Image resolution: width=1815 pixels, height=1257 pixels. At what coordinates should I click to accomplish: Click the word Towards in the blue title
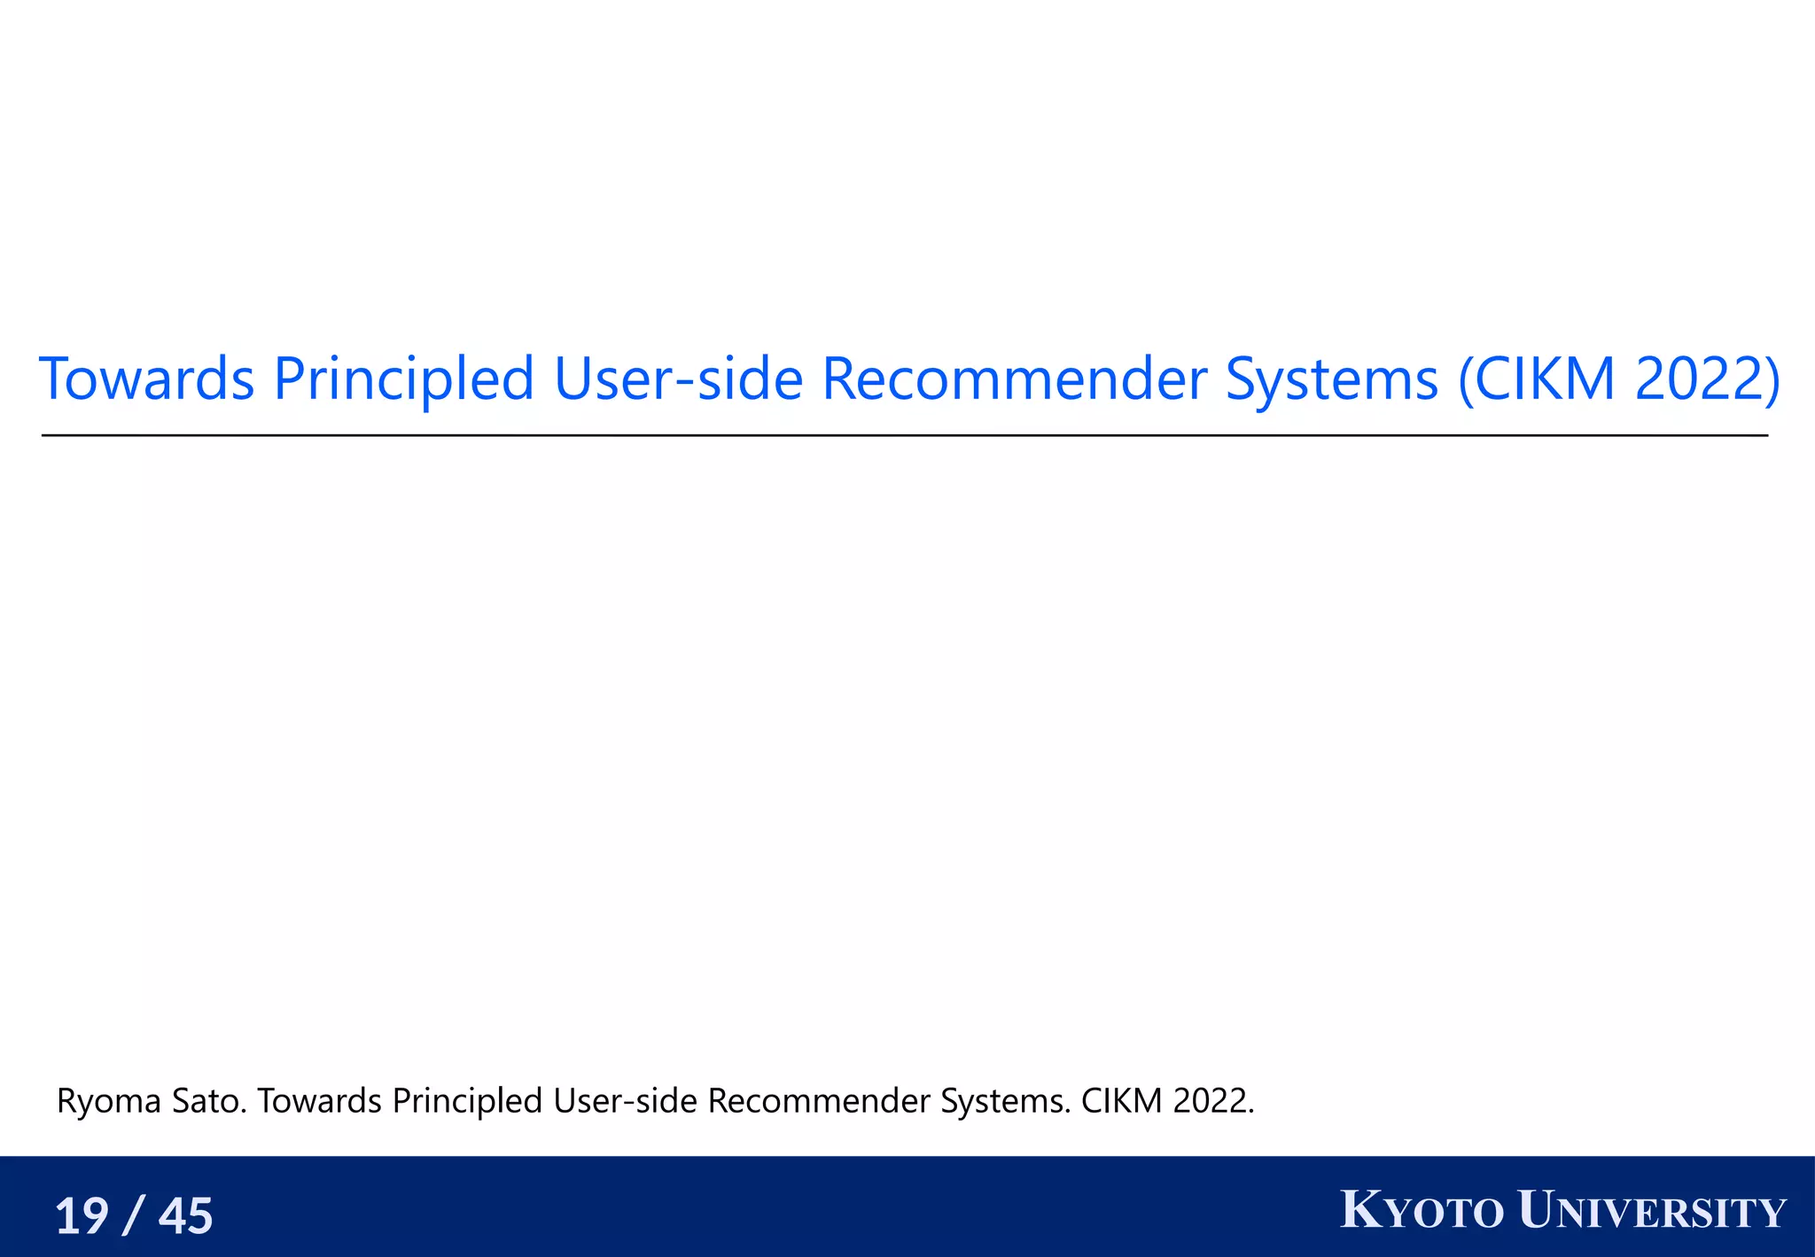coord(147,379)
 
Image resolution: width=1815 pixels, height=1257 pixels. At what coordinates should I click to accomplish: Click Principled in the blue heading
coord(403,379)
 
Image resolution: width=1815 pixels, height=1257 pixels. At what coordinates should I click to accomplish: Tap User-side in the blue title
coord(678,379)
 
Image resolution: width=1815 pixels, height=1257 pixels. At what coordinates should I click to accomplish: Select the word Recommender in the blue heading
coord(1014,379)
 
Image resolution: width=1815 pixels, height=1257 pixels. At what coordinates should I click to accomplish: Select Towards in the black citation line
coord(319,1102)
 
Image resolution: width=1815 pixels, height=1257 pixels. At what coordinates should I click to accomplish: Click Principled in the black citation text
coord(467,1102)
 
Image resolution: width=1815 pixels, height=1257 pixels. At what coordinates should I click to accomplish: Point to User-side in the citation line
coord(626,1102)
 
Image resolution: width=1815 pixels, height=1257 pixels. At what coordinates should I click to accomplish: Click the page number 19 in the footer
coord(82,1215)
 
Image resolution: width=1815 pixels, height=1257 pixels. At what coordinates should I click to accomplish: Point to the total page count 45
coord(185,1215)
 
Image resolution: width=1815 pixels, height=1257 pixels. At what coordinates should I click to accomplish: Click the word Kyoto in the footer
coord(1422,1212)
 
